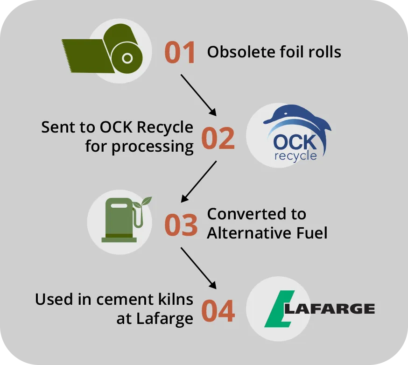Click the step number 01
point(180,53)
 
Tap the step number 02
point(218,139)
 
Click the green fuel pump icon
point(121,219)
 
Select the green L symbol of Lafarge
point(279,309)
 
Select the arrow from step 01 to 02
point(198,95)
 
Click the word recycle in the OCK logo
point(295,155)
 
